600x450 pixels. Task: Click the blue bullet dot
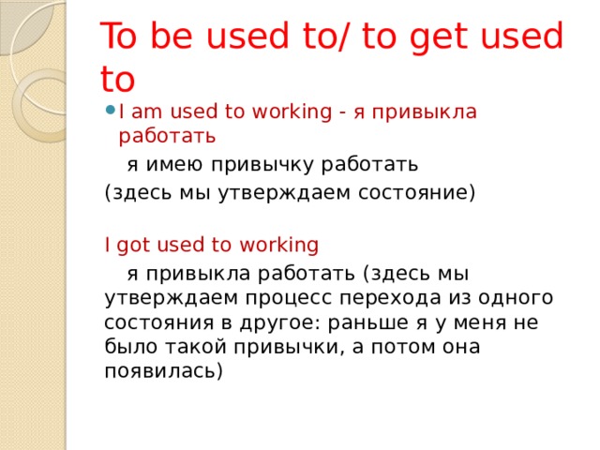tap(111, 111)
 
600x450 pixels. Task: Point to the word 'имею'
tap(174, 165)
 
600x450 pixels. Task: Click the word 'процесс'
tap(289, 299)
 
